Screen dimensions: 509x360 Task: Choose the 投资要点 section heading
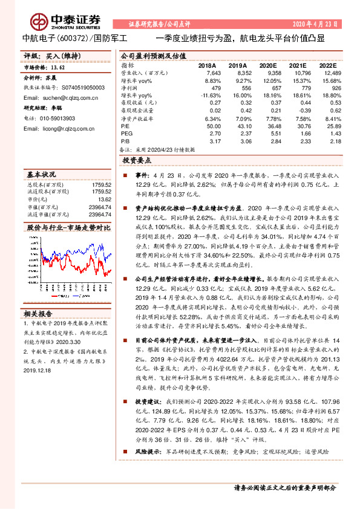click(137, 161)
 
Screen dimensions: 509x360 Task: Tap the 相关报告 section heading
click(40, 314)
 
